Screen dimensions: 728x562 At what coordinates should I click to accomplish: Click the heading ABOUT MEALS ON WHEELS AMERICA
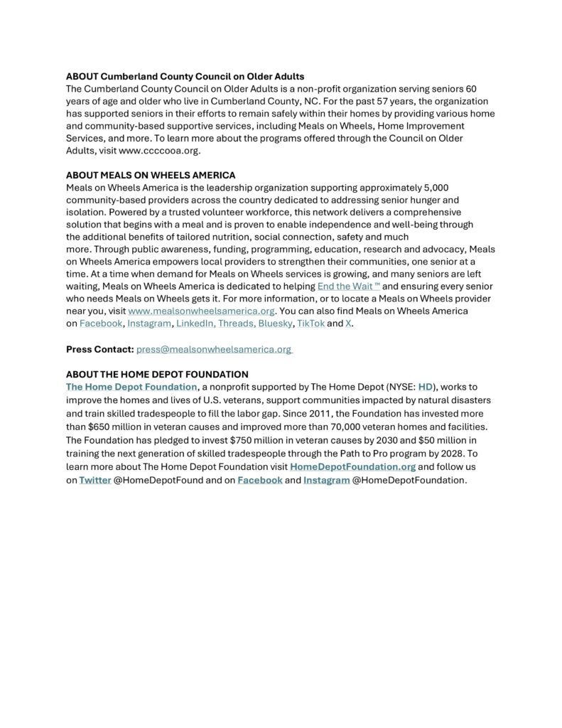click(151, 175)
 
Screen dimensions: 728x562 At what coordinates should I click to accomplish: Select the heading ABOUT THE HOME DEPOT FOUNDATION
click(157, 374)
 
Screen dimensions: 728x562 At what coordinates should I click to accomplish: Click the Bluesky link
click(273, 324)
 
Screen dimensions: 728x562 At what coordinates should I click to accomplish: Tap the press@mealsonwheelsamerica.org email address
click(213, 349)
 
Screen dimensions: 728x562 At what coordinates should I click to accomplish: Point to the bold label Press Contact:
click(99, 349)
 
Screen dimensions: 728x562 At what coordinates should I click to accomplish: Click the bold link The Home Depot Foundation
click(131, 387)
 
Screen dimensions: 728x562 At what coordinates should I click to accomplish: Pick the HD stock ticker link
click(426, 387)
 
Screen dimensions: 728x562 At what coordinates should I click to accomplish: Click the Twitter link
click(94, 481)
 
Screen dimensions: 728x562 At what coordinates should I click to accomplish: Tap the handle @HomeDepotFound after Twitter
click(155, 481)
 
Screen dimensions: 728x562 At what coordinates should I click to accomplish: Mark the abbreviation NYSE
click(399, 387)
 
